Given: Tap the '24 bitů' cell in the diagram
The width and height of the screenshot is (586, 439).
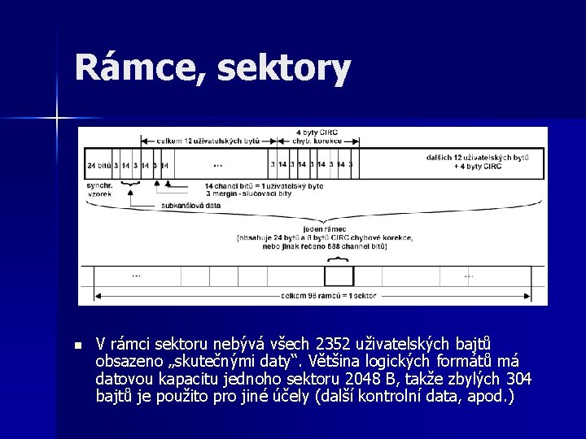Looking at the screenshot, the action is tap(98, 164).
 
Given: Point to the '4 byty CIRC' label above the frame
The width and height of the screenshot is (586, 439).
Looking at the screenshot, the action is tap(316, 132).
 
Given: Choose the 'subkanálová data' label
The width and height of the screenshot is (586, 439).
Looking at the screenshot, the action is tap(190, 206).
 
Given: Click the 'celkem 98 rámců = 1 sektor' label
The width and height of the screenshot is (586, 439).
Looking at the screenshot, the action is tap(324, 296).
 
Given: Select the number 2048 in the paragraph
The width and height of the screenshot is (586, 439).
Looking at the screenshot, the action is tap(343, 379).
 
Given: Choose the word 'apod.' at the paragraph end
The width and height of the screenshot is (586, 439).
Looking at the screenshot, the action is tap(490, 397).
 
